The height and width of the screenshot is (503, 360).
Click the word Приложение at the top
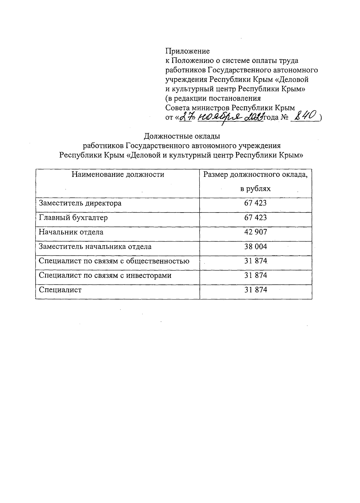(x=187, y=51)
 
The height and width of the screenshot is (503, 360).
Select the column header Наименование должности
(x=118, y=174)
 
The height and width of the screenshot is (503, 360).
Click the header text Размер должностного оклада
(x=255, y=174)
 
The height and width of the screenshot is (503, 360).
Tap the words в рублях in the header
(x=255, y=189)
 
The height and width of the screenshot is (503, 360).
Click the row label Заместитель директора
(x=80, y=203)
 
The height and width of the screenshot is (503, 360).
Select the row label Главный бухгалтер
(x=73, y=218)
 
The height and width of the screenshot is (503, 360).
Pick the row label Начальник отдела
(x=71, y=232)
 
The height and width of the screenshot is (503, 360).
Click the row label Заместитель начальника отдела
(x=95, y=247)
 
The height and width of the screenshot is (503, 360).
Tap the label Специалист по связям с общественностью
(x=114, y=261)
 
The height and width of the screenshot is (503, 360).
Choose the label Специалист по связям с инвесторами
(x=105, y=275)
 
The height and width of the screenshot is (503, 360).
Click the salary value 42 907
(x=255, y=232)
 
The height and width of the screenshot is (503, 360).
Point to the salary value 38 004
(x=255, y=247)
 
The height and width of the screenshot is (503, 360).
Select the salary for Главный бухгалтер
(x=255, y=218)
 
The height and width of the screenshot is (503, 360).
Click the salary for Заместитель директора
(x=255, y=203)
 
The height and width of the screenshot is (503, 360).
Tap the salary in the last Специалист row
(x=255, y=290)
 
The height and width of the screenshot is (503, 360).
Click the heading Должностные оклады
(x=182, y=136)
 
